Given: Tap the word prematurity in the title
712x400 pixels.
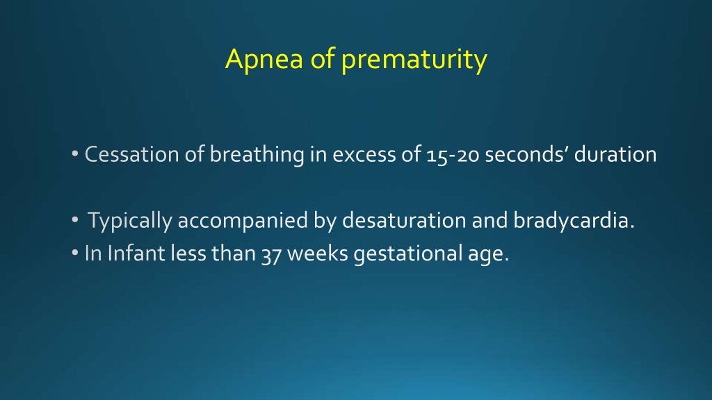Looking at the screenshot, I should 414,61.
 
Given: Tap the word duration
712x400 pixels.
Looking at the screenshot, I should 615,154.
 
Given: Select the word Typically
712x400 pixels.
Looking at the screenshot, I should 130,222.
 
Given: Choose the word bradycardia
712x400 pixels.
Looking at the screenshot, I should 574,222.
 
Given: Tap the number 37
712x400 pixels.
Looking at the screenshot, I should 270,255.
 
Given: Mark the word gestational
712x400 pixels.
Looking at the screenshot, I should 404,255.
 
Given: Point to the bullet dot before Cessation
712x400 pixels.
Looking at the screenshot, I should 75,155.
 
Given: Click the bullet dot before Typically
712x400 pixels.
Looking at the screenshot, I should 75,222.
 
